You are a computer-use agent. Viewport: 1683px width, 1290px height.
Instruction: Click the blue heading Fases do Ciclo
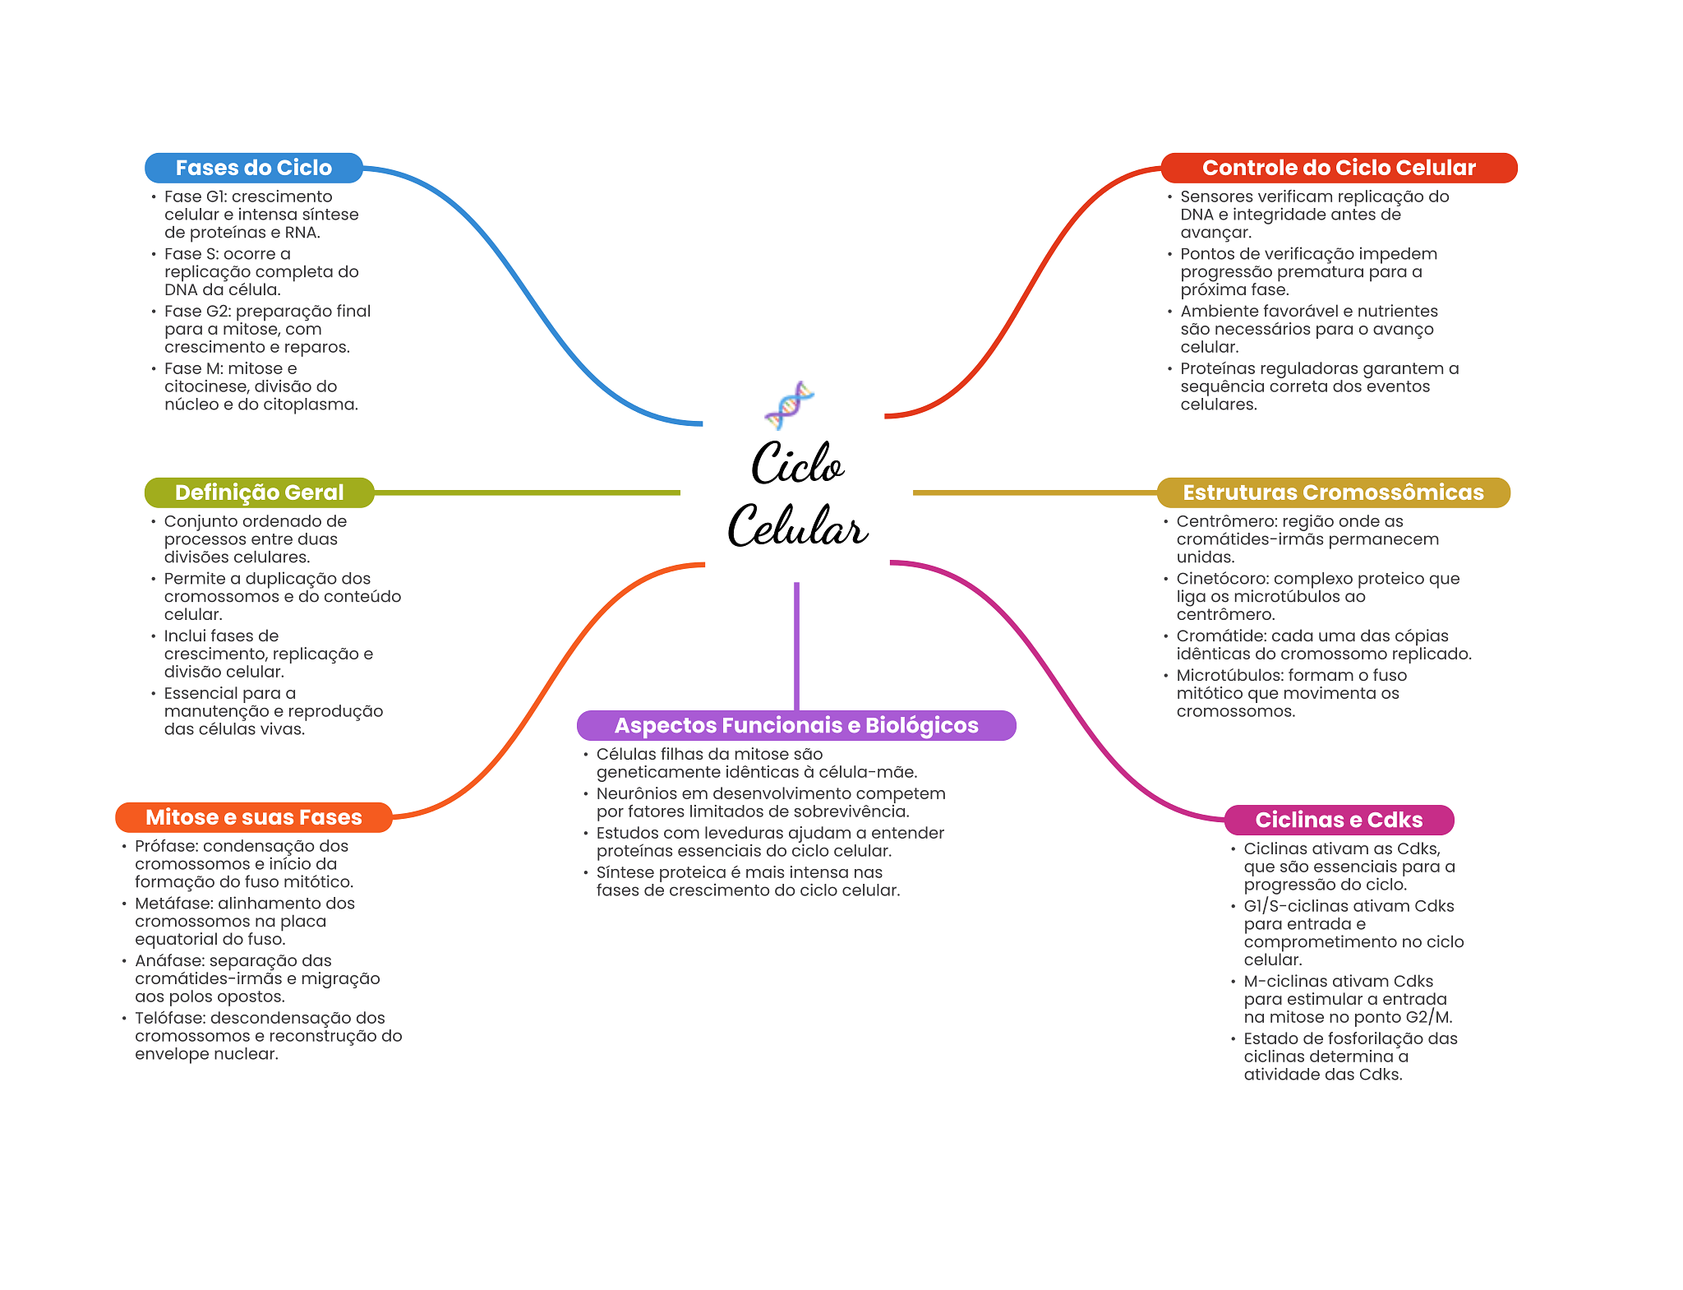pyautogui.click(x=253, y=168)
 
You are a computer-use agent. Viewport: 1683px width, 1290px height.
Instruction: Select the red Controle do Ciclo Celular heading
pyautogui.click(x=1339, y=168)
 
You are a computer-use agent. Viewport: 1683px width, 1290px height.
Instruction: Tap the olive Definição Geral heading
pyautogui.click(x=259, y=492)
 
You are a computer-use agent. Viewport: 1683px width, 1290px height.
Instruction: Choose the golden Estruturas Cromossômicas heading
pyautogui.click(x=1333, y=492)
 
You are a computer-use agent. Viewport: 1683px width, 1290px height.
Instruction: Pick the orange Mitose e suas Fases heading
pyautogui.click(x=254, y=817)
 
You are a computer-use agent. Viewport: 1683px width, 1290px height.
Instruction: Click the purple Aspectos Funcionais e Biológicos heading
pyautogui.click(x=796, y=725)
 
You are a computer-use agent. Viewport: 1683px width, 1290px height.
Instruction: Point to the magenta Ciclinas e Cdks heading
pyautogui.click(x=1339, y=820)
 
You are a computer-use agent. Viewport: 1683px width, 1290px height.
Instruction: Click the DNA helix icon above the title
pyautogui.click(x=789, y=405)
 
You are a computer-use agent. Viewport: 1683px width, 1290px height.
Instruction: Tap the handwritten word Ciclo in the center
pyautogui.click(x=797, y=463)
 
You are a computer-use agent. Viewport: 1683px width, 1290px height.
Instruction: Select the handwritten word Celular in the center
pyautogui.click(x=797, y=525)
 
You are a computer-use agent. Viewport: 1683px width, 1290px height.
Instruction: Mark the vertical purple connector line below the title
pyautogui.click(x=796, y=646)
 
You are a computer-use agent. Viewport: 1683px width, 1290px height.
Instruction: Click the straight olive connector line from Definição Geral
pyautogui.click(x=528, y=492)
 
